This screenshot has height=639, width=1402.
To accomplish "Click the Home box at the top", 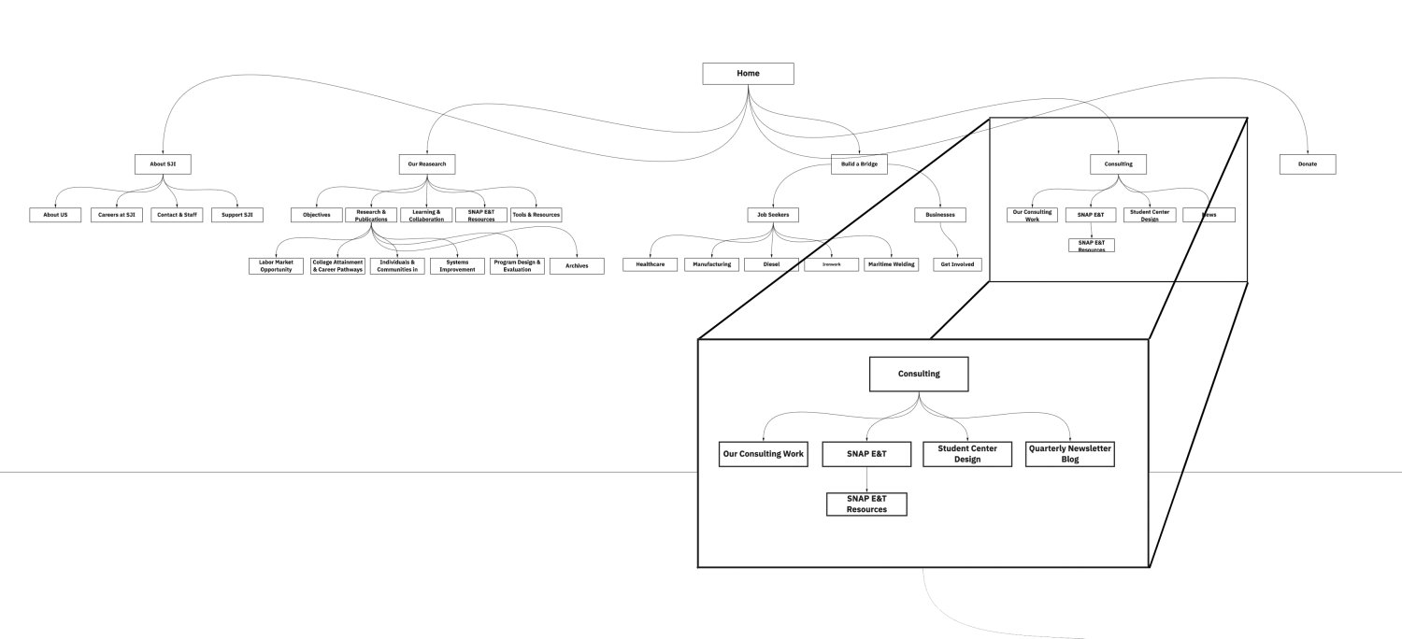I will pos(748,74).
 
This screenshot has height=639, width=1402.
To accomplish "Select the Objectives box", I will pos(317,215).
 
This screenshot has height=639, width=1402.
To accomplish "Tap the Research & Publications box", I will pos(372,215).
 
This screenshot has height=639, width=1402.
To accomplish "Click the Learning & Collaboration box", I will pos(427,215).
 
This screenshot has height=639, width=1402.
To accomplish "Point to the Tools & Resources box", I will pos(536,215).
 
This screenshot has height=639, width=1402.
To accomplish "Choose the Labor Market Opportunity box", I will pos(276,265).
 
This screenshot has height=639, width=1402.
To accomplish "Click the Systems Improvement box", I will pos(457,265).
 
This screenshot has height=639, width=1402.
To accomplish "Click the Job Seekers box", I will pos(773,215).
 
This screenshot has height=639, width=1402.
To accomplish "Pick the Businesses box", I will pos(939,215).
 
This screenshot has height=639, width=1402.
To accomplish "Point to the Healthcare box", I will pos(651,265).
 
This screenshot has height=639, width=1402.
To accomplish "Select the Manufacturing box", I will pos(711,265).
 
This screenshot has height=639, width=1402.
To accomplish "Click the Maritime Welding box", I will pos(892,265).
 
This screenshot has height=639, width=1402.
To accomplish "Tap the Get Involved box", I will pos(957,265).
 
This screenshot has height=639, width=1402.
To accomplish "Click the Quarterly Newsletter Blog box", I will pos(1069,454).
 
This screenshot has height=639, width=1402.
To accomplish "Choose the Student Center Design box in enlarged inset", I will pos(967,454).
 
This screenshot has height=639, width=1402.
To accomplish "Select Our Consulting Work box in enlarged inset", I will pos(763,454).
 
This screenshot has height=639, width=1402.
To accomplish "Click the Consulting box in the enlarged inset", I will pos(919,375).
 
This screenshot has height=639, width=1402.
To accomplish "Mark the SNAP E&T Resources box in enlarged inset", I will pos(866,504).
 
